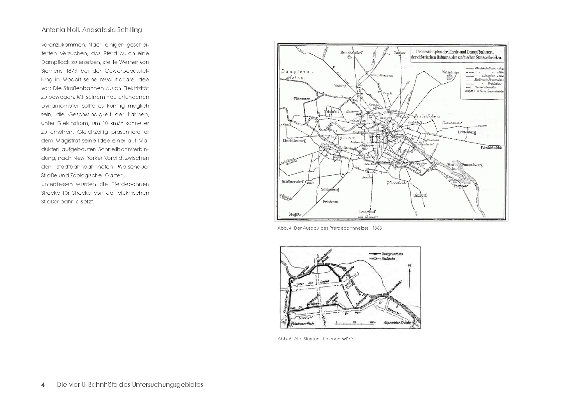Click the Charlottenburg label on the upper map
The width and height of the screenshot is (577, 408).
[294, 140]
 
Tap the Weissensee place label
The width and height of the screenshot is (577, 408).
[451, 72]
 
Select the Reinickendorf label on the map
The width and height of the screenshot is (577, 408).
[351, 52]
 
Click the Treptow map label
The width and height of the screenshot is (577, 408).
[460, 186]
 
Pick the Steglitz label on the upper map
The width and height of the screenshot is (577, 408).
[295, 214]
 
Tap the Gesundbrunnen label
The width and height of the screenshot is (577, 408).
[381, 75]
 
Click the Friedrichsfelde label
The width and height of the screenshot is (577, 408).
[491, 147]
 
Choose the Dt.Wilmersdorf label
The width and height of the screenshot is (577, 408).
[292, 182]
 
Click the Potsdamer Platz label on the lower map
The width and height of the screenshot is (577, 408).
[302, 324]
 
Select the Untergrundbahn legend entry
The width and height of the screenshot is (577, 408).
[392, 254]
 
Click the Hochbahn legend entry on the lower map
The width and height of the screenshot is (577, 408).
[388, 258]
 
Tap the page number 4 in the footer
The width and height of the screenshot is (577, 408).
[43, 385]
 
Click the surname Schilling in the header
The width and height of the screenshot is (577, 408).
[129, 30]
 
